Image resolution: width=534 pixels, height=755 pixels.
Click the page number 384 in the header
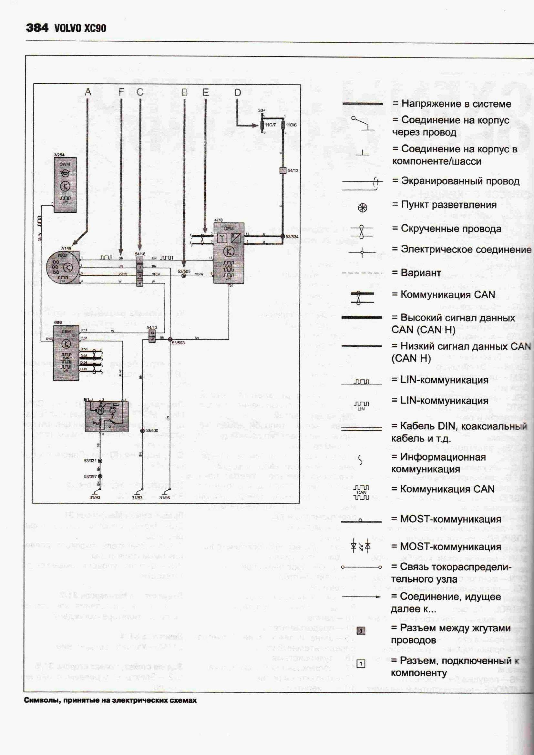(x=37, y=28)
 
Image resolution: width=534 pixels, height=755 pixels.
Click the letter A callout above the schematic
(x=88, y=92)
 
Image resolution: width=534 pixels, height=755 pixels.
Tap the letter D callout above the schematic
(x=237, y=93)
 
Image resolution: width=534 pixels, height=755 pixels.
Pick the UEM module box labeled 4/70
(x=229, y=252)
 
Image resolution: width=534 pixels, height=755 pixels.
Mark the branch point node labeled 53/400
(x=142, y=431)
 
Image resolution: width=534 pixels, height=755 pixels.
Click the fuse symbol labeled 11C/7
(x=262, y=125)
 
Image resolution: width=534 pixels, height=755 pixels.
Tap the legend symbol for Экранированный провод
(x=361, y=185)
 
